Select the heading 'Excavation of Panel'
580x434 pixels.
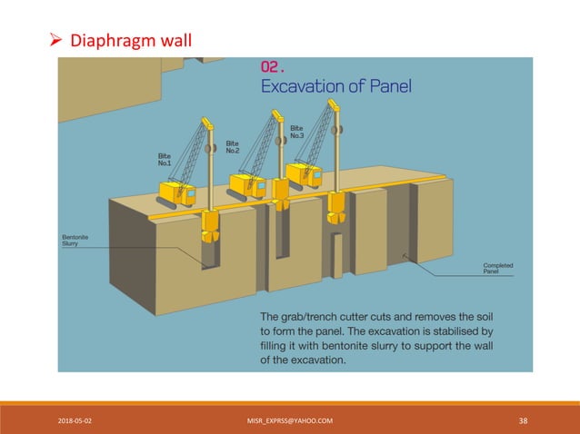(x=336, y=87)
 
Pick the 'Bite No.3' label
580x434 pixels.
(x=297, y=132)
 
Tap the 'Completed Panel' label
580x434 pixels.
(x=497, y=268)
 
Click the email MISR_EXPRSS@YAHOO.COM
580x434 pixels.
(x=290, y=419)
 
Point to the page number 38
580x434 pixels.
(x=523, y=419)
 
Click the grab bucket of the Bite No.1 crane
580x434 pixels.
(x=210, y=227)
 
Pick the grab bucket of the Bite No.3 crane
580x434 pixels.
(x=337, y=206)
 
